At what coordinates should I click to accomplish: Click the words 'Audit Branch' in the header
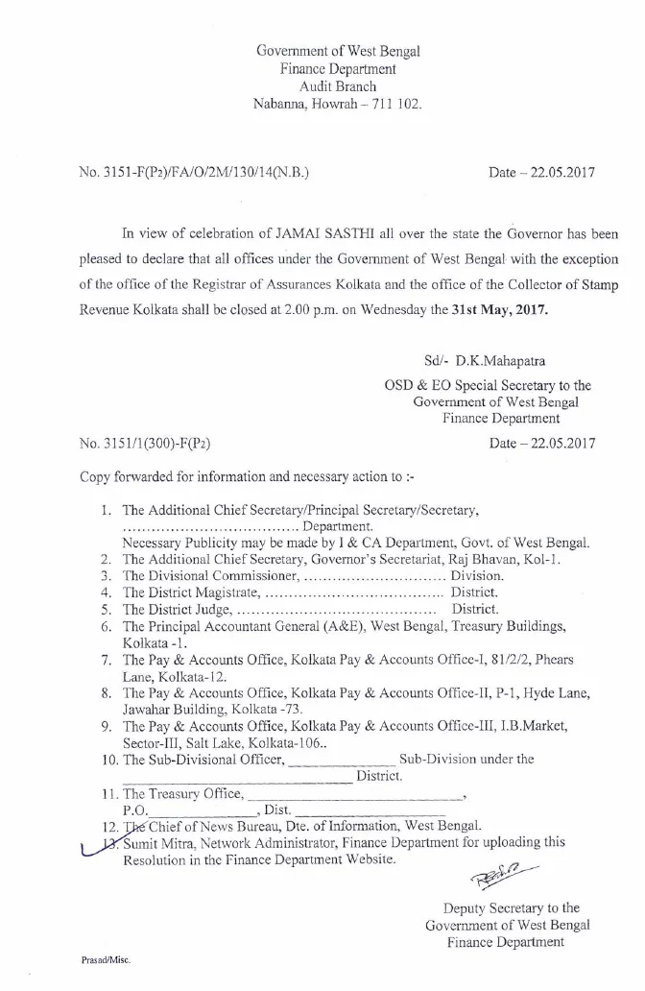coord(337,85)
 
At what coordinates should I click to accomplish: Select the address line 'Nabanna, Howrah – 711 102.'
coord(337,103)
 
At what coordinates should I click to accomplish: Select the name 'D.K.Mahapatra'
coord(513,363)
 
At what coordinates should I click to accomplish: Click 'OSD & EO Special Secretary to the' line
coord(488,385)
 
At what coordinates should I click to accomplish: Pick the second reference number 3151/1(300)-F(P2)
coord(146,443)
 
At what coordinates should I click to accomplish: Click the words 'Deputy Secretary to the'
coord(510,907)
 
